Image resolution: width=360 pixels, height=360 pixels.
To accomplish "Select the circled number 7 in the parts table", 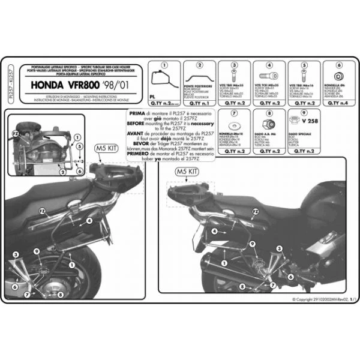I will click(234, 111).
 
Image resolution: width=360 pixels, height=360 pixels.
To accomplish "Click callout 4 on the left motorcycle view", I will click(88, 221).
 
